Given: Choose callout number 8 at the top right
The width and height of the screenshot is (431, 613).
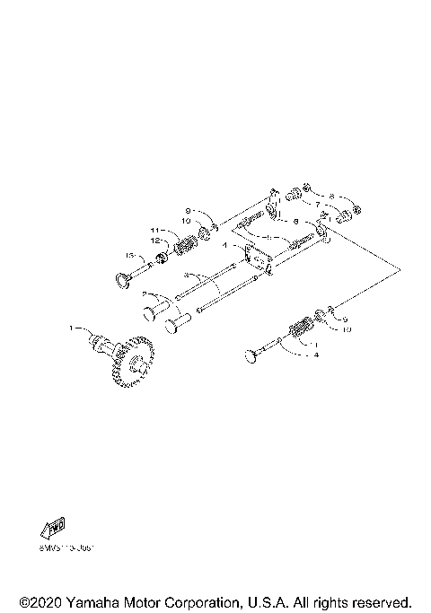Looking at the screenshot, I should point(331,195).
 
